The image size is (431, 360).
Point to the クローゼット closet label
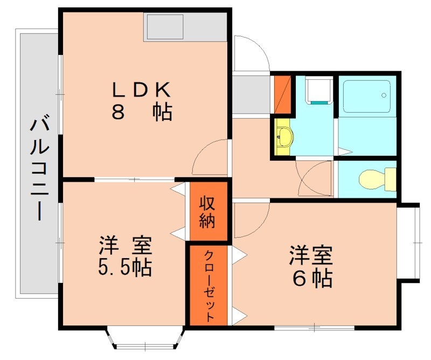point(209,286)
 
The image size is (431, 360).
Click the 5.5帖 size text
point(126,266)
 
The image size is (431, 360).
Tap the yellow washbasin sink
point(284,137)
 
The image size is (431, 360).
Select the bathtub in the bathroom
point(366,96)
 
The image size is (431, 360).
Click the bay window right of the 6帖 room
point(409,243)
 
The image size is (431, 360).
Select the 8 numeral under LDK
point(118,112)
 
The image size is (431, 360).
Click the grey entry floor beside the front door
point(251,94)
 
